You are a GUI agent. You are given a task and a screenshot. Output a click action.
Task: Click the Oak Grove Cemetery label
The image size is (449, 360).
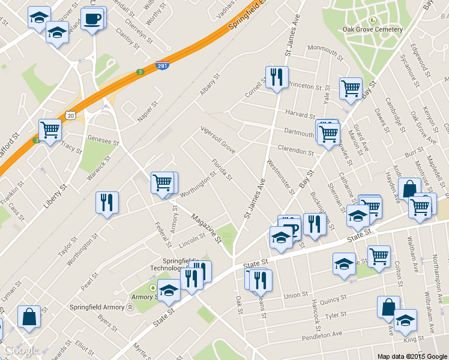[372, 29]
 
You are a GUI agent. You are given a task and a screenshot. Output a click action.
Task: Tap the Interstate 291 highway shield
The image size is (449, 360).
[161, 65]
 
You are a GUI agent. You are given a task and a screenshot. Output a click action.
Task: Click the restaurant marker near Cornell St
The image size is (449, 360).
[277, 77]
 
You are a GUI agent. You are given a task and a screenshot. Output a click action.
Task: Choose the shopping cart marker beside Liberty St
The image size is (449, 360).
[50, 129]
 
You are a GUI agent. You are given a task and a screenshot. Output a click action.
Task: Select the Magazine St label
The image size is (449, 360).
[206, 228]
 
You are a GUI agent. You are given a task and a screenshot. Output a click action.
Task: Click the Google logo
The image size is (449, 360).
[21, 350]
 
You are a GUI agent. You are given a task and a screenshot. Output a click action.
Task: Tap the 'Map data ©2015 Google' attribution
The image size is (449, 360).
[412, 356]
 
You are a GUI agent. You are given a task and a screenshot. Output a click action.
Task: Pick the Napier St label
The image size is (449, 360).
[146, 112]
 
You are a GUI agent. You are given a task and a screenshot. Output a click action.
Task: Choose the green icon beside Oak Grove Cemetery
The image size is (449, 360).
[372, 20]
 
